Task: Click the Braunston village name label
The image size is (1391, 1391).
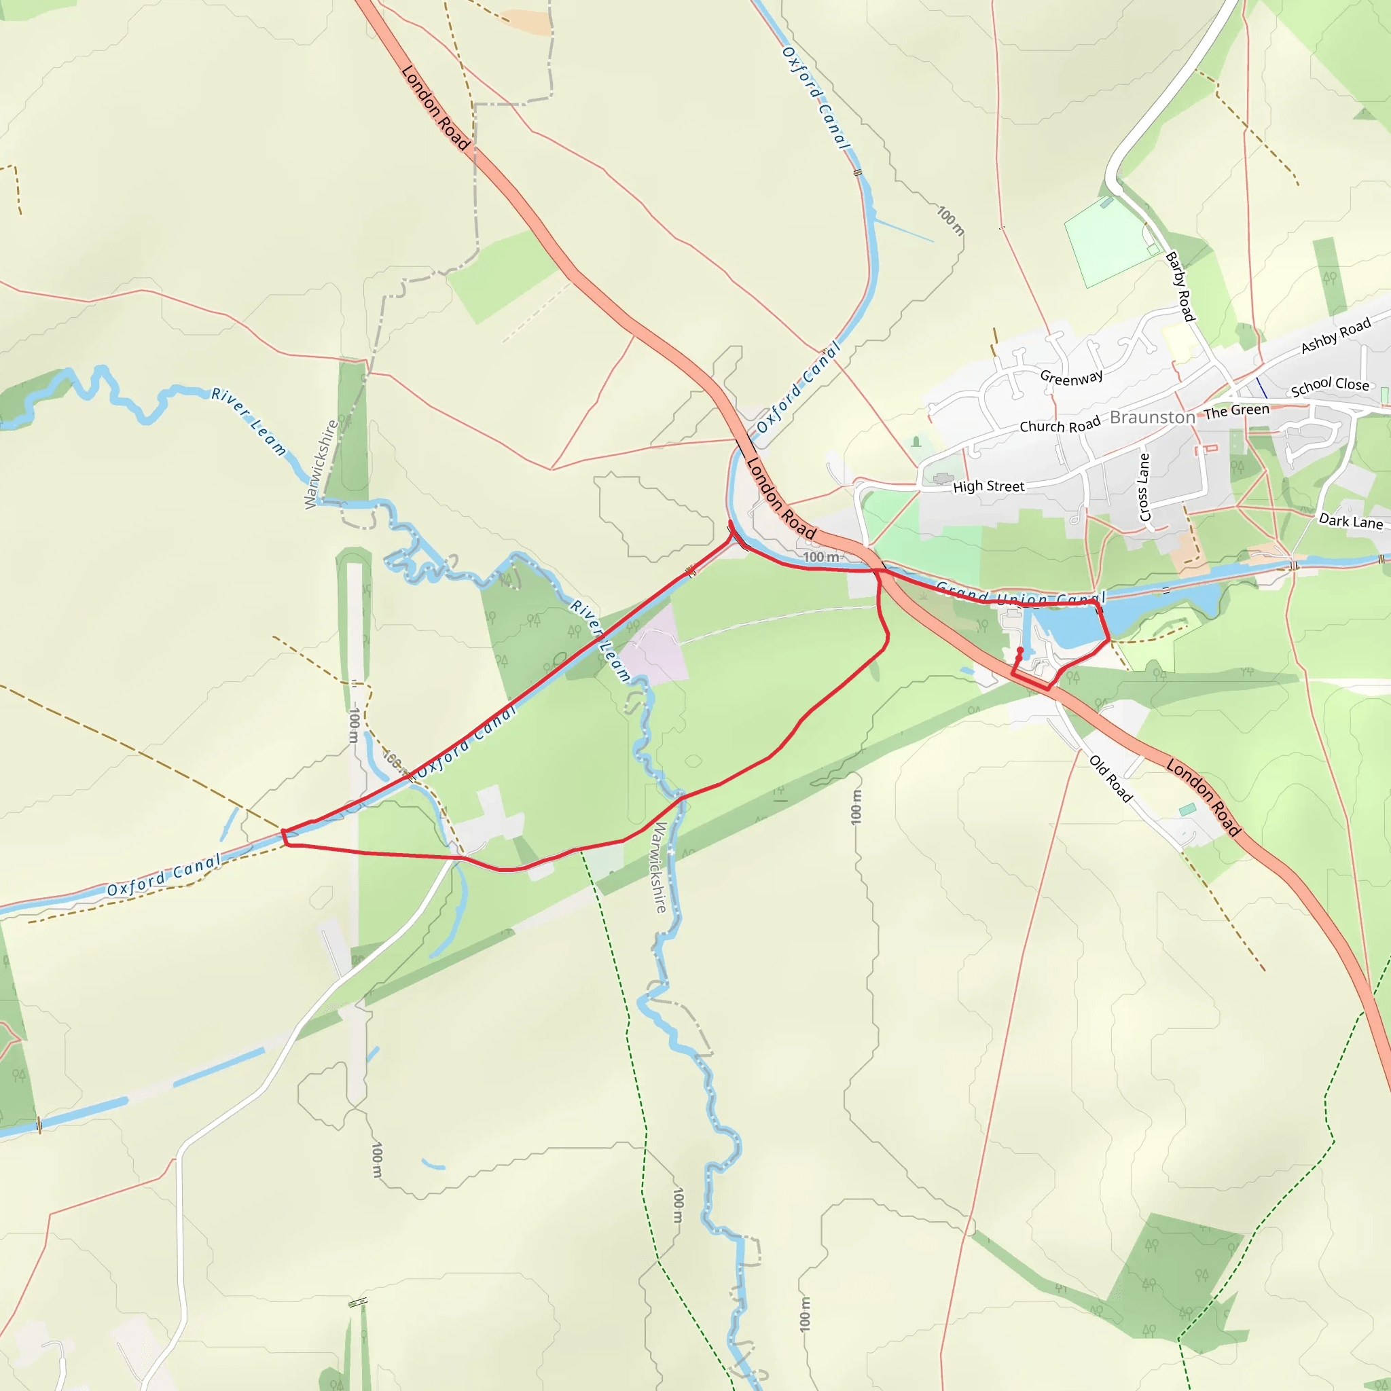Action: click(x=1152, y=418)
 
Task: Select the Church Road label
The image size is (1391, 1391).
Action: click(x=1060, y=425)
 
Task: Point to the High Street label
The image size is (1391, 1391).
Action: click(x=988, y=487)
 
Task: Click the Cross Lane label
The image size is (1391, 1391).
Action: click(x=1144, y=487)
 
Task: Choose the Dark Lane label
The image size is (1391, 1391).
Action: click(x=1351, y=520)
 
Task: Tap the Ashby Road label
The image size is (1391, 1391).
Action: click(x=1335, y=336)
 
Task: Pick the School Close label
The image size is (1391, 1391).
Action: click(x=1330, y=386)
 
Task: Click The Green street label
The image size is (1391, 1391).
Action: click(x=1237, y=411)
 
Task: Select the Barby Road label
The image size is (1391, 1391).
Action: click(x=1180, y=286)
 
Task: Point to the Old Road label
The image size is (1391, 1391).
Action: click(x=1111, y=778)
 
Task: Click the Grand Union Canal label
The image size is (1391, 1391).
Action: click(x=1021, y=597)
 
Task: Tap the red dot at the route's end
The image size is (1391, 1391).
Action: click(x=1020, y=650)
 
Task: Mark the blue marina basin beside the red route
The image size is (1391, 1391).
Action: click(x=1072, y=625)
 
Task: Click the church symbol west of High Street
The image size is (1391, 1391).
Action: click(x=916, y=441)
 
